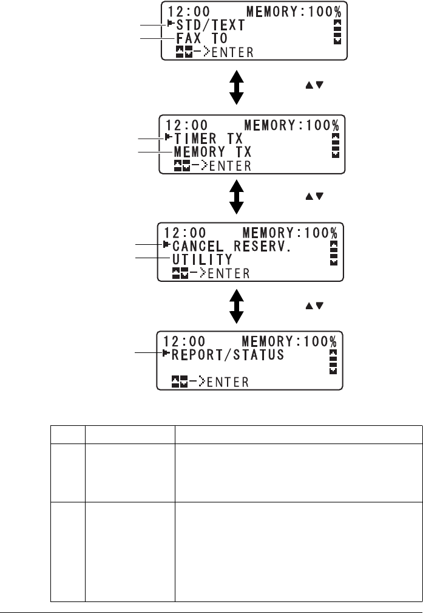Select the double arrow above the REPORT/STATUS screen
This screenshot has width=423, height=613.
click(237, 307)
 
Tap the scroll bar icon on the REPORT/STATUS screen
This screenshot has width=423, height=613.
click(332, 361)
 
